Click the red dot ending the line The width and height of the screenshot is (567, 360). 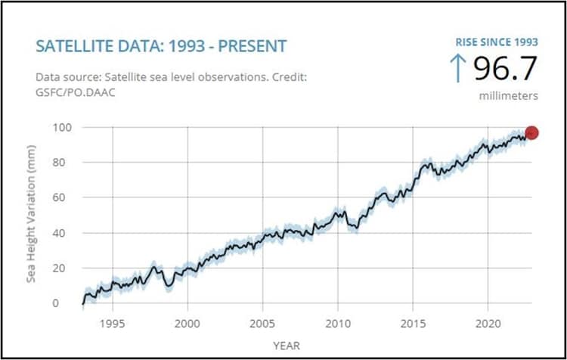click(x=531, y=133)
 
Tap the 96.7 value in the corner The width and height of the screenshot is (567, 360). click(x=505, y=70)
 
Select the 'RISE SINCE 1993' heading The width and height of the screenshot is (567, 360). click(x=495, y=42)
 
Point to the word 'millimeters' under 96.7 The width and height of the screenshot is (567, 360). click(x=509, y=96)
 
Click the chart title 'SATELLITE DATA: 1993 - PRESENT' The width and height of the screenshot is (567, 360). click(x=161, y=46)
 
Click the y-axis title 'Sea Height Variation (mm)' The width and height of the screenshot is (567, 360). click(x=32, y=215)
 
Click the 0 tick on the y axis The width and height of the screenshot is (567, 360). click(x=66, y=303)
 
